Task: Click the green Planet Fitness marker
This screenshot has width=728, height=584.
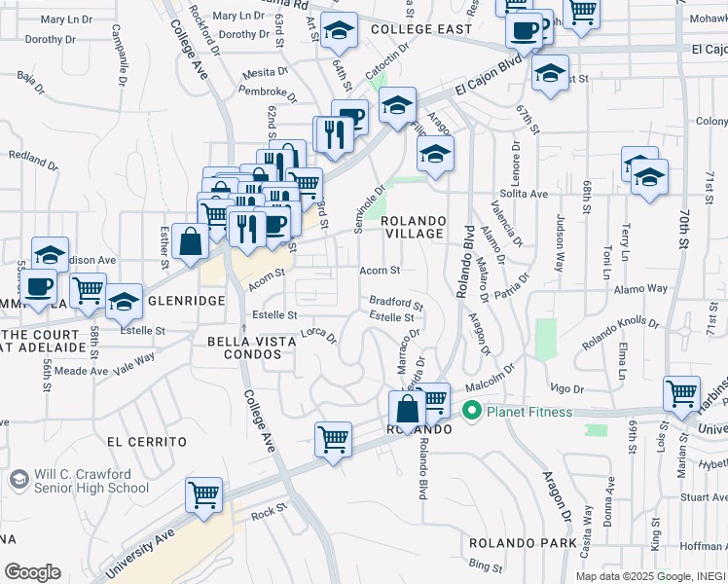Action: pyautogui.click(x=473, y=411)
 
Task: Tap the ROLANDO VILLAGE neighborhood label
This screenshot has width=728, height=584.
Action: pyautogui.click(x=415, y=227)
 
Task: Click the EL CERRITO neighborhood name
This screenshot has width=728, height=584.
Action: pyautogui.click(x=146, y=441)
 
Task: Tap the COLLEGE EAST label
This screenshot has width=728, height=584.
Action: pyautogui.click(x=422, y=30)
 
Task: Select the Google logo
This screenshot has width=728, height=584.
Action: pyautogui.click(x=32, y=571)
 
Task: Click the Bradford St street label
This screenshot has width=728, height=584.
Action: pyautogui.click(x=396, y=303)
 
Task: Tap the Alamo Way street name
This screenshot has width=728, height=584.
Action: pyautogui.click(x=640, y=289)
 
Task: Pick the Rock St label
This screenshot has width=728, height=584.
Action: pyautogui.click(x=269, y=510)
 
